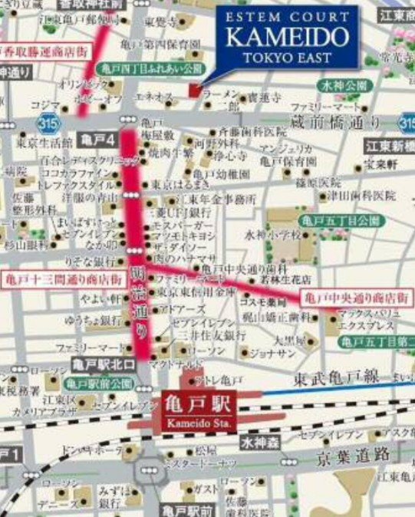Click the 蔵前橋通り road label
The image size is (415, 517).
(x=335, y=120)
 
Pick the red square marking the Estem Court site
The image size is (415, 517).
(x=193, y=91)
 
